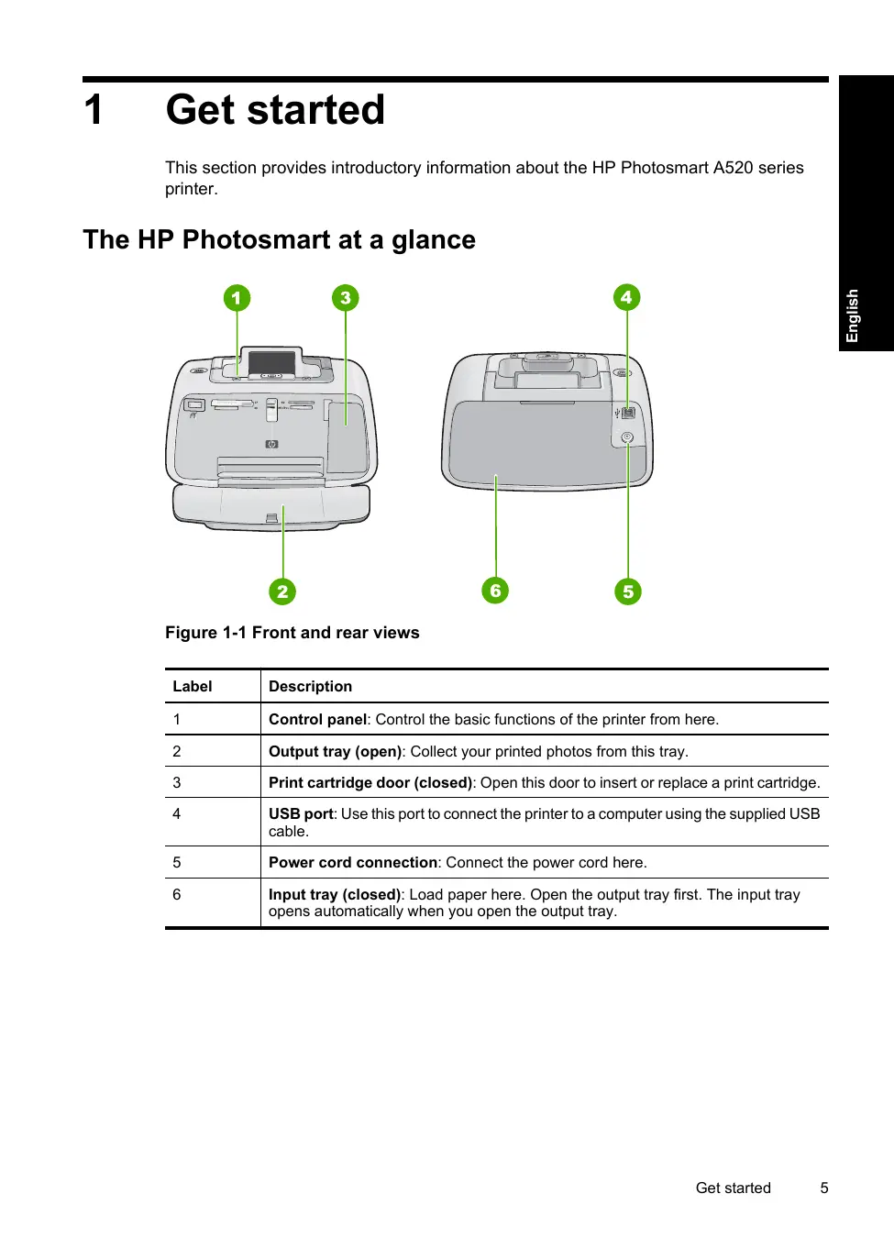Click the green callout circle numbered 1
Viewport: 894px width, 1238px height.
(237, 298)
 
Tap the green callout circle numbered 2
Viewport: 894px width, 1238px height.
(282, 591)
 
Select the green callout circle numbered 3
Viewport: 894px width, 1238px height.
(345, 298)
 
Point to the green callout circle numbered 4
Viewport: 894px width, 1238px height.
(626, 297)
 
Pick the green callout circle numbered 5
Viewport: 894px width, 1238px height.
(628, 591)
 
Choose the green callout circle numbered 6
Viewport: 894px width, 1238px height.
(495, 591)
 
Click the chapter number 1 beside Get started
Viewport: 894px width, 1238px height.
(94, 110)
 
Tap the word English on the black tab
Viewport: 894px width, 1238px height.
(853, 315)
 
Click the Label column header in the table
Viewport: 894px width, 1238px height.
(193, 686)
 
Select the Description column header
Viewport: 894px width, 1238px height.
(310, 686)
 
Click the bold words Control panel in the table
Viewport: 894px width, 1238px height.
(317, 719)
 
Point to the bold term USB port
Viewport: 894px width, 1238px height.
(301, 813)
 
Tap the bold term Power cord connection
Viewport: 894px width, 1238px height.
(353, 862)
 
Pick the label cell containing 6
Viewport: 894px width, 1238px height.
(177, 894)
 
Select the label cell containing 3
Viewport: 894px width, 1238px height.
(177, 782)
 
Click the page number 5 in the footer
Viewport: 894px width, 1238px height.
(824, 1188)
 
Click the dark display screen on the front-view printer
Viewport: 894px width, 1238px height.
(272, 362)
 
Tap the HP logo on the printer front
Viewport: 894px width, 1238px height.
(271, 445)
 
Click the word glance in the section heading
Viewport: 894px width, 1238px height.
(434, 240)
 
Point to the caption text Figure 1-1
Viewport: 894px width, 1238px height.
(206, 633)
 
